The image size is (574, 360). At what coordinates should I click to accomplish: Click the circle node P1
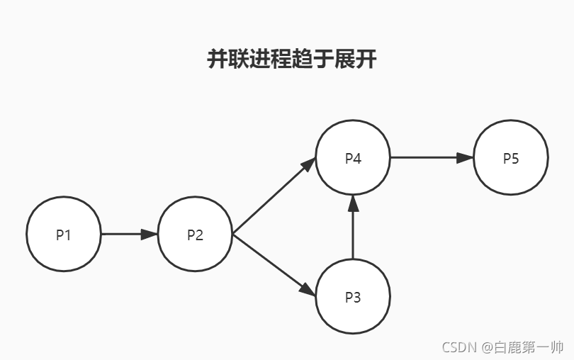(x=64, y=234)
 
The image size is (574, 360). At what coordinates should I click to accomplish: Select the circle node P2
(x=195, y=234)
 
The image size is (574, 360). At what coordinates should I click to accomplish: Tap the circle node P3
(x=353, y=296)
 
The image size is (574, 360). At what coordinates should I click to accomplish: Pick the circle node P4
(x=353, y=157)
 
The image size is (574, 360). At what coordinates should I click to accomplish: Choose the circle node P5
(x=511, y=157)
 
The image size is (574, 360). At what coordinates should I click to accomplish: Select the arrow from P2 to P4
(x=273, y=196)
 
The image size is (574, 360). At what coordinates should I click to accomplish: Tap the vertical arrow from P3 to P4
(x=353, y=230)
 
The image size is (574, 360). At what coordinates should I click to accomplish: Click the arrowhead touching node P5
(x=465, y=157)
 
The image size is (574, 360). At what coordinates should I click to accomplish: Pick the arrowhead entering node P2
(x=150, y=234)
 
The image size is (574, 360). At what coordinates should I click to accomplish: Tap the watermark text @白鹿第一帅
(x=523, y=347)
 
